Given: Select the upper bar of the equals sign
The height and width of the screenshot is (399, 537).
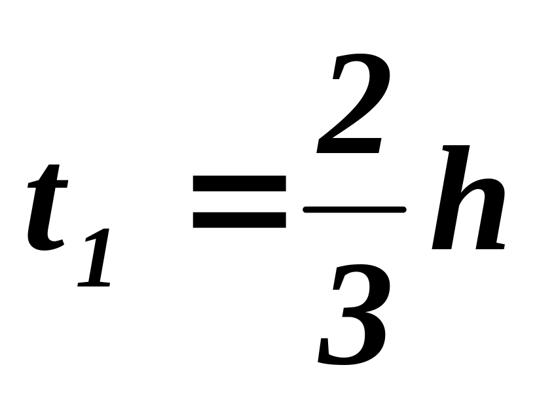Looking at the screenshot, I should pos(239,184).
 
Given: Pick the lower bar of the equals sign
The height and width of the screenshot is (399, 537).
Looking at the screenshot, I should pos(239,220).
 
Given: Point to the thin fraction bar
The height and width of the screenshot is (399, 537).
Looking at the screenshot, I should pos(354,209).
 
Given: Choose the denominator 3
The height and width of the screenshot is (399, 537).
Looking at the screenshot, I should pos(354,314).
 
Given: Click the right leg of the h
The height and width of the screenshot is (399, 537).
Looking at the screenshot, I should pos(491,222).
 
